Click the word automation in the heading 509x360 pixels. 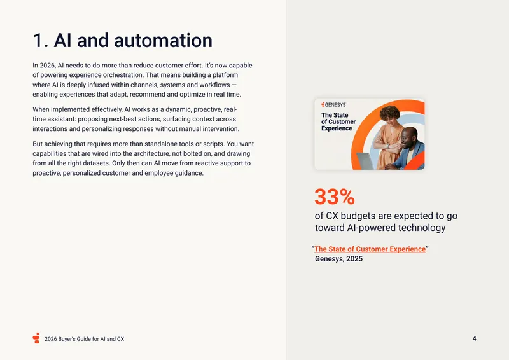tap(163, 41)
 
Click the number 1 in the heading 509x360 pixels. tap(38, 41)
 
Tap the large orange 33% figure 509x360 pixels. tap(335, 197)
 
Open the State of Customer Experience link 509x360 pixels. tap(370, 249)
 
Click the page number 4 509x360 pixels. tap(474, 338)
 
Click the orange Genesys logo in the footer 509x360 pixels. tap(36, 338)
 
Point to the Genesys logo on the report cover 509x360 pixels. tap(333, 104)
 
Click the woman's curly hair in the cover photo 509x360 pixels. tap(390, 113)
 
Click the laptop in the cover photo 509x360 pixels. tap(365, 161)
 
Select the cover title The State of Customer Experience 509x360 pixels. tap(338, 121)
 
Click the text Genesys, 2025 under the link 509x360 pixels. tap(338, 259)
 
